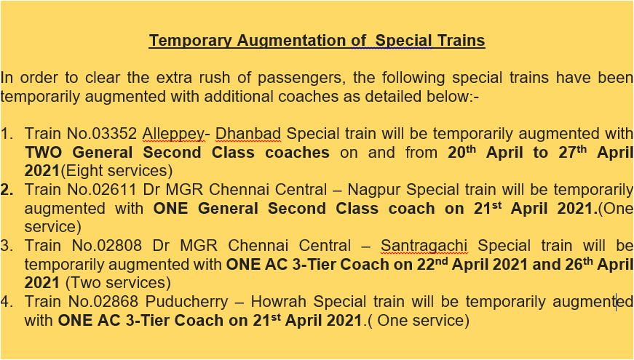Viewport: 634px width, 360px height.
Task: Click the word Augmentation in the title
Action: pos(301,41)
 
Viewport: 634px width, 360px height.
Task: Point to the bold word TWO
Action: pos(44,153)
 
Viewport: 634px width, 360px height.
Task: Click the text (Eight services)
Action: pos(116,171)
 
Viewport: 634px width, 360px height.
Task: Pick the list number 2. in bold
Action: pos(7,190)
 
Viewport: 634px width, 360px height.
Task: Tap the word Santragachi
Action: pos(432,246)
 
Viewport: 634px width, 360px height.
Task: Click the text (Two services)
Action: pos(118,282)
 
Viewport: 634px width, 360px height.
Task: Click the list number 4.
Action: pos(7,301)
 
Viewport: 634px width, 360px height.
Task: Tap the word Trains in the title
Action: pos(460,41)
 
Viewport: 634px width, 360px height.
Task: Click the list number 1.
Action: pos(7,134)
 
